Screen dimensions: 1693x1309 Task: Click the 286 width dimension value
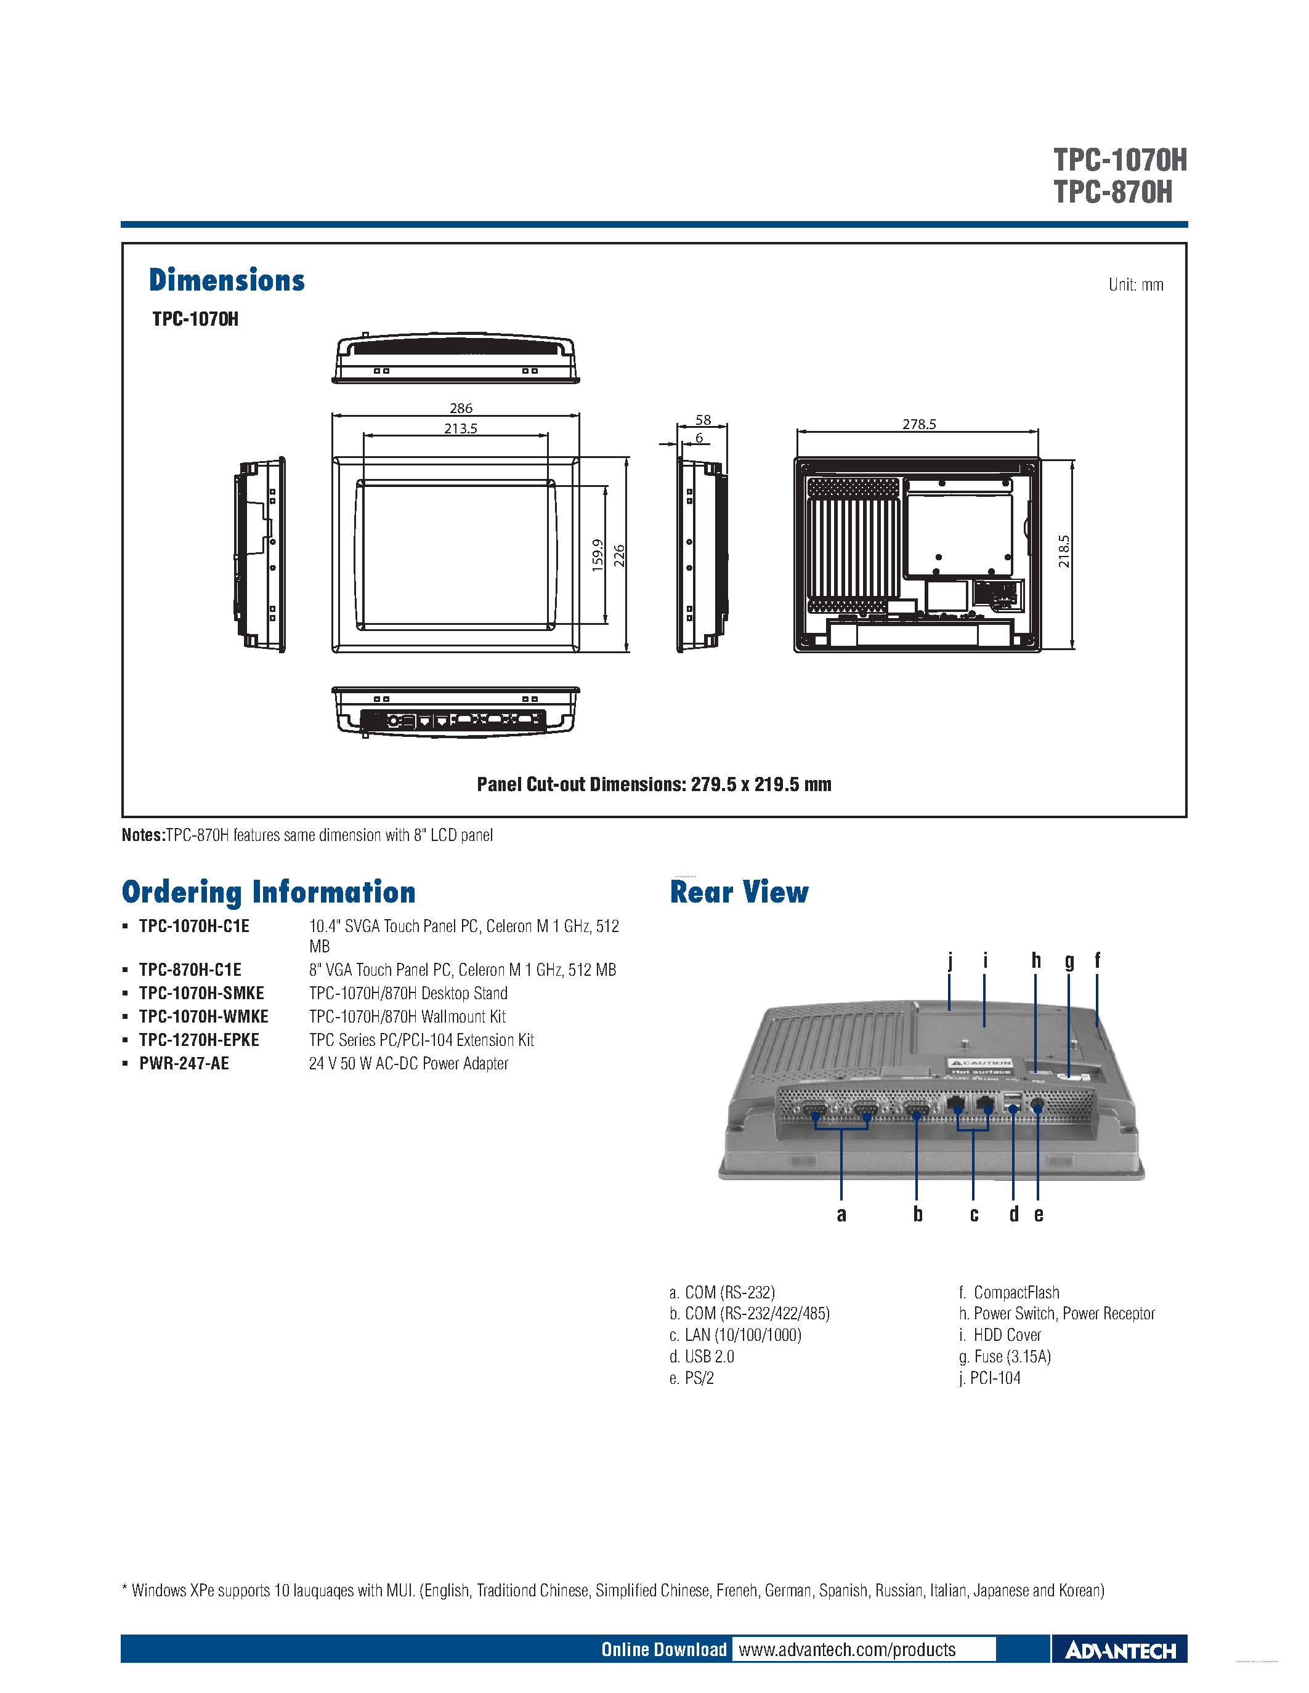tap(461, 408)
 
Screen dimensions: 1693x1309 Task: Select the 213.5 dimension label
tap(461, 428)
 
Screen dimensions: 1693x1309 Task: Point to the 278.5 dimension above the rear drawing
tap(919, 424)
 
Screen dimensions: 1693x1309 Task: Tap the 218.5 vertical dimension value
tap(1064, 551)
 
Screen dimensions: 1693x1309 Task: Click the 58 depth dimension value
tap(703, 419)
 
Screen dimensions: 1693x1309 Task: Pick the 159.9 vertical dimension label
tap(597, 555)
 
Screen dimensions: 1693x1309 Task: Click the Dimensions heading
tap(227, 280)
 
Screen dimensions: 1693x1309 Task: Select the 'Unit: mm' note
tap(1135, 284)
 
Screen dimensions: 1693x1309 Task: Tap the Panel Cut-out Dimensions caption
tap(654, 784)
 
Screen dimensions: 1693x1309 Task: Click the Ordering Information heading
tap(269, 891)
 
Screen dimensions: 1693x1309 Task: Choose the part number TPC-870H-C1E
tap(190, 970)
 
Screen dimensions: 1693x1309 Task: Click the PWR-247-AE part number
tap(184, 1064)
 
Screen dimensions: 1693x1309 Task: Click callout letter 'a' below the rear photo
tap(841, 1215)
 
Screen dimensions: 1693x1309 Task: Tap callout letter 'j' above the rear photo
tap(950, 960)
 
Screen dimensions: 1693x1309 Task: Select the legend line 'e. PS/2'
tap(691, 1378)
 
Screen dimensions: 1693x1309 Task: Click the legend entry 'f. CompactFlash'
tap(1008, 1292)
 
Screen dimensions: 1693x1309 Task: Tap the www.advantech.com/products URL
tap(847, 1649)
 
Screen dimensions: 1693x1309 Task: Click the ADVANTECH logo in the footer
tap(1120, 1651)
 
